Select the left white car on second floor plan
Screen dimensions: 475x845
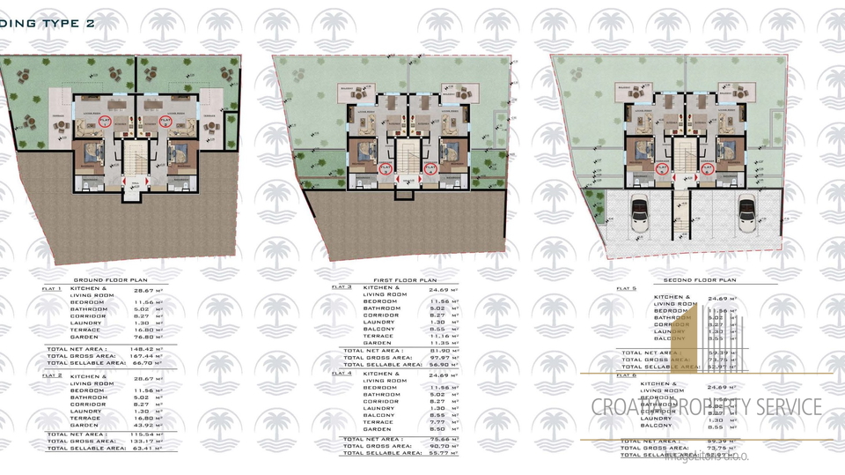(x=639, y=213)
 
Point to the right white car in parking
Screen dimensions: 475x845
(x=746, y=213)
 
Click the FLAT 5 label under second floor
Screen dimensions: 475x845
(x=627, y=288)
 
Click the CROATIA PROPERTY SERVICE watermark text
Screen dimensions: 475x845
(x=704, y=407)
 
